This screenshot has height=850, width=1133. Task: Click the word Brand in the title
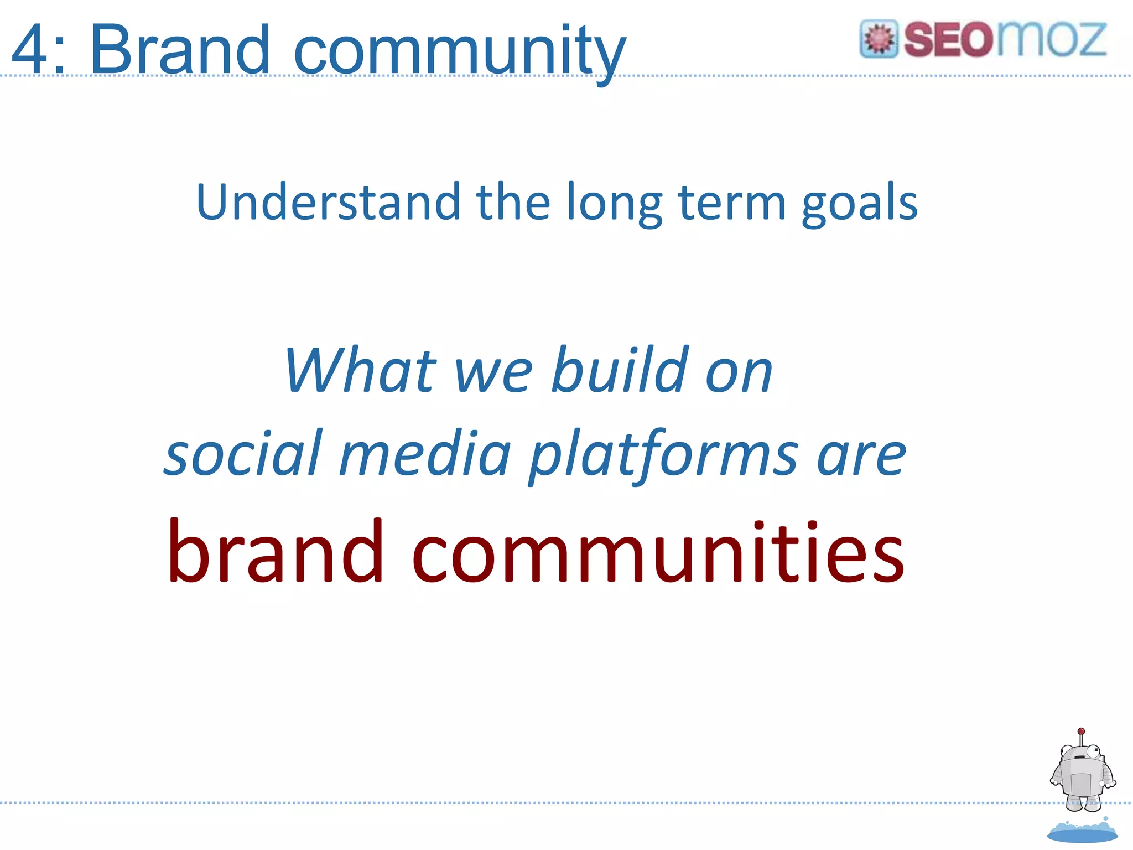(179, 50)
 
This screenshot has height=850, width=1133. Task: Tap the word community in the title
(459, 53)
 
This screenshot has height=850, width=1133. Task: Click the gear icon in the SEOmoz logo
(879, 39)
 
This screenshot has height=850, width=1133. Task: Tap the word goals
(860, 205)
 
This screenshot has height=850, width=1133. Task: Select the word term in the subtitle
(732, 202)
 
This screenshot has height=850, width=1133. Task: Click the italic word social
(243, 454)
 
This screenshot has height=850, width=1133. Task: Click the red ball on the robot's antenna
(1082, 731)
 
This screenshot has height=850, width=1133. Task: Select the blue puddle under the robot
(1082, 832)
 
